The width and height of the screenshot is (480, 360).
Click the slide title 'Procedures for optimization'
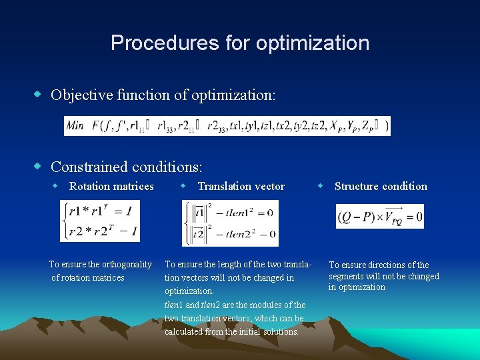tap(240, 43)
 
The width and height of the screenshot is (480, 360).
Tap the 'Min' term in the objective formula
tap(75, 126)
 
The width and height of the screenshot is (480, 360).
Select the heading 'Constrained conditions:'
tap(126, 166)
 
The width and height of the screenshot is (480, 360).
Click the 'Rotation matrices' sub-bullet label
tap(111, 186)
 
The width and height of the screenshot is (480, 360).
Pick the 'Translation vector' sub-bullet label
tap(241, 186)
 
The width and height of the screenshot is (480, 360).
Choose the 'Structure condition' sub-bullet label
tap(381, 186)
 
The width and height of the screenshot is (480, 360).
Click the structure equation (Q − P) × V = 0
tap(380, 217)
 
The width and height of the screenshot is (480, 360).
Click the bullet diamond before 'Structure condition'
tap(320, 185)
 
